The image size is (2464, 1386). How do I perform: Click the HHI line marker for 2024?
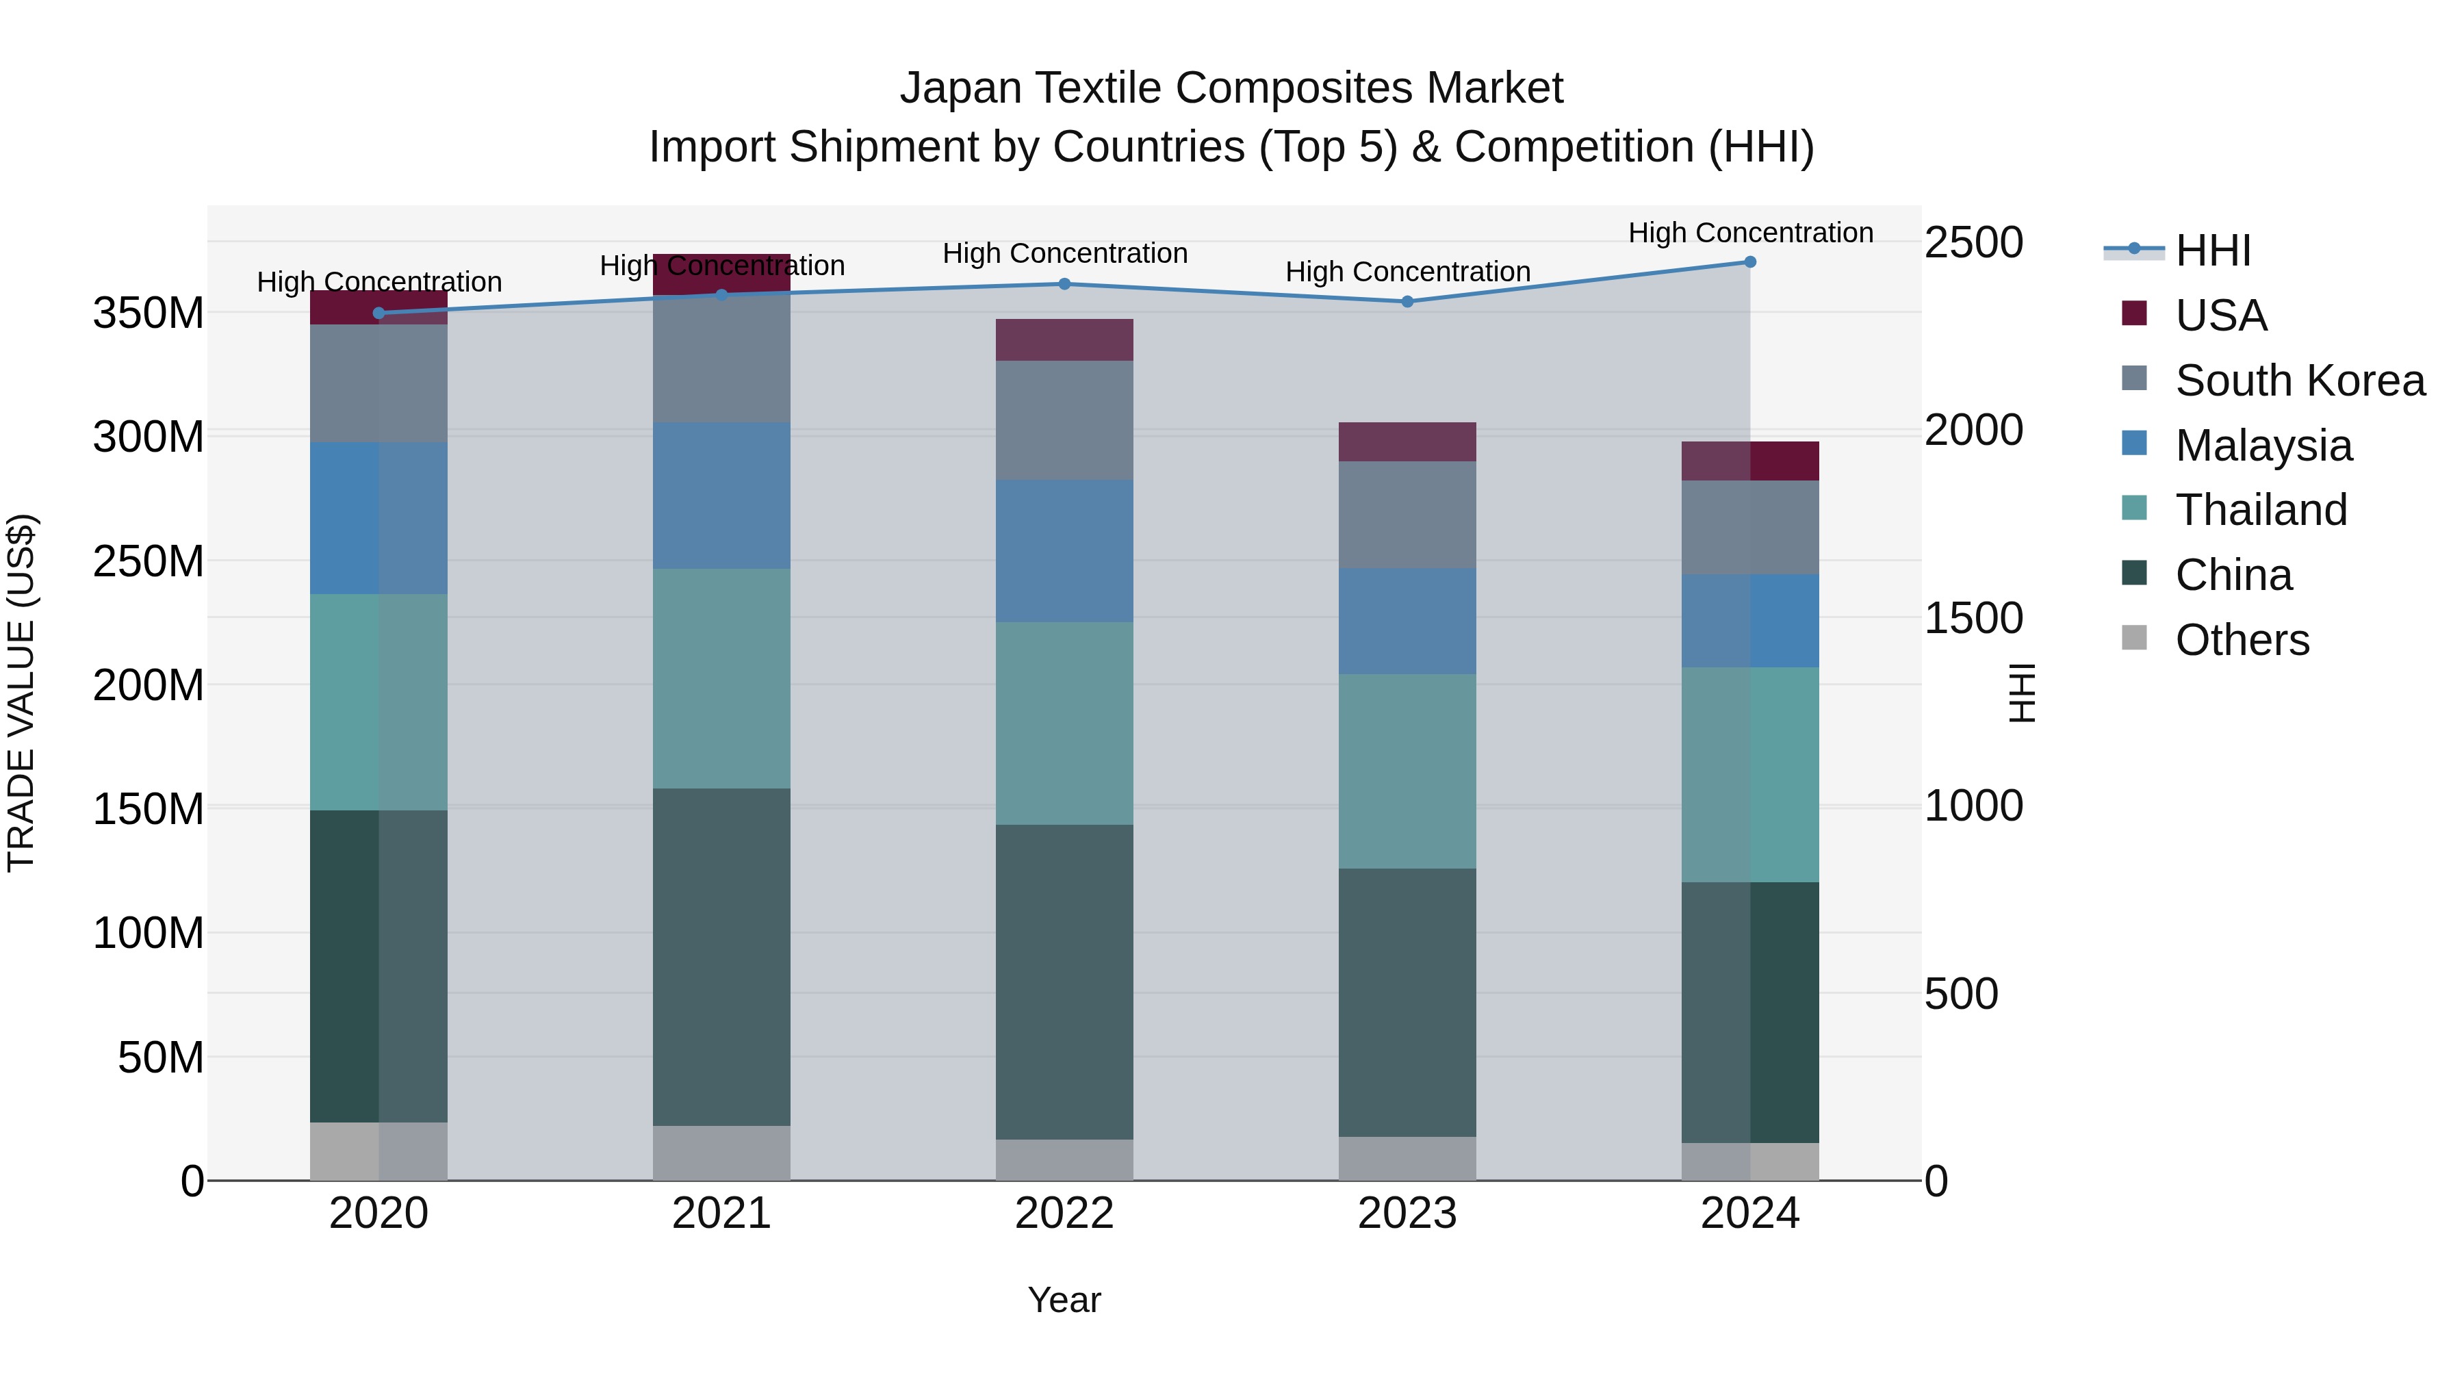point(1749,262)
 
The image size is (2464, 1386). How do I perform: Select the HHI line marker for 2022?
point(1064,284)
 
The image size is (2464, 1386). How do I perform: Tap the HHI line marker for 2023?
point(1407,303)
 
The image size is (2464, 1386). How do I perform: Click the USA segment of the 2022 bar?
point(1064,339)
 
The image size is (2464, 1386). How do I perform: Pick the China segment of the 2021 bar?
point(721,957)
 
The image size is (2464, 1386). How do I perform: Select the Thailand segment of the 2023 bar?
point(1407,771)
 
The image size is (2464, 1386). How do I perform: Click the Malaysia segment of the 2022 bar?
point(1064,551)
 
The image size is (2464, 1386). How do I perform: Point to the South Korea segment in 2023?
point(1407,515)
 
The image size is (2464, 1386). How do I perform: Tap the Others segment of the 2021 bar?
point(721,1153)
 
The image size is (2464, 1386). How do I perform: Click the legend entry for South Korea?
point(2300,381)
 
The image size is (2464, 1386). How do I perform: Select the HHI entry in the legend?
point(2212,251)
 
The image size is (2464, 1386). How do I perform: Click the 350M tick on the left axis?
point(149,313)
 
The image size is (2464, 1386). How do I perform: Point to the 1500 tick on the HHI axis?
point(1973,618)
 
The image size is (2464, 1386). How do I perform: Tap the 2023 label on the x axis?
point(1407,1214)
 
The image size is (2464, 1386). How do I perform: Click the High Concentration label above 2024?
point(1749,233)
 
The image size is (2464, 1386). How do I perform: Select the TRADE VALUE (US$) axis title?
point(21,693)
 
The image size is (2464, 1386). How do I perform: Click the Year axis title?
point(1064,1300)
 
